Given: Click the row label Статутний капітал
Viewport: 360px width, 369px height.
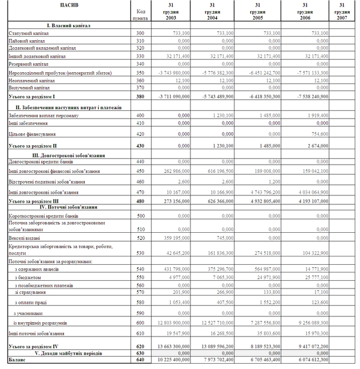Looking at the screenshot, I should pos(28,33).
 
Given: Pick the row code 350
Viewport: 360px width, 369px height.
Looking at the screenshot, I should pos(140,71).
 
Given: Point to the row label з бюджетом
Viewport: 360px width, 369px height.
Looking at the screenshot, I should pos(28,277).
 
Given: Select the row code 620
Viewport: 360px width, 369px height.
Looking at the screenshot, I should pos(140,345).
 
